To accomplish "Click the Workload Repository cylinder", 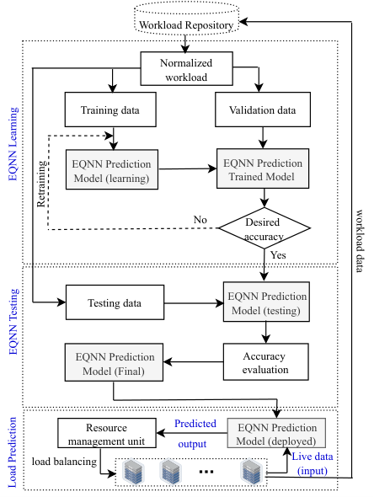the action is [x=186, y=19].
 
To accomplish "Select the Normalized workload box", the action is [x=186, y=69].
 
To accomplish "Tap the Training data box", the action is [x=110, y=110].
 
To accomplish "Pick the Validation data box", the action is [x=263, y=110].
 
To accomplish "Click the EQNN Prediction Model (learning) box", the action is [x=112, y=169].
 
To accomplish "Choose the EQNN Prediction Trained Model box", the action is [x=263, y=168].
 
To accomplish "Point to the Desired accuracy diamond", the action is [x=264, y=228].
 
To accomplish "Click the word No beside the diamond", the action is [x=200, y=219].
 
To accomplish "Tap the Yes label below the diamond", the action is [x=278, y=255].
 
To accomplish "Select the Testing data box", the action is [x=115, y=302].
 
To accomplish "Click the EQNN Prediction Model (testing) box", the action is [x=266, y=302].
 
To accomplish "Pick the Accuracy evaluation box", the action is [x=265, y=362].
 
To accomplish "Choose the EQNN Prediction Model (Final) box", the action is [x=114, y=362].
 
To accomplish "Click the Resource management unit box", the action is [x=107, y=433].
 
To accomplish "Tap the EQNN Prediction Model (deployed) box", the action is [x=276, y=433].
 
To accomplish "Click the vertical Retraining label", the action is [x=41, y=184].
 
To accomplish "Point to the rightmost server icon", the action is [x=252, y=472].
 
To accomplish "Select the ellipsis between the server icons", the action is [x=206, y=472].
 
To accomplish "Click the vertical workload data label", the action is [x=359, y=241].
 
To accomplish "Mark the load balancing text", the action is [x=64, y=462].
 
